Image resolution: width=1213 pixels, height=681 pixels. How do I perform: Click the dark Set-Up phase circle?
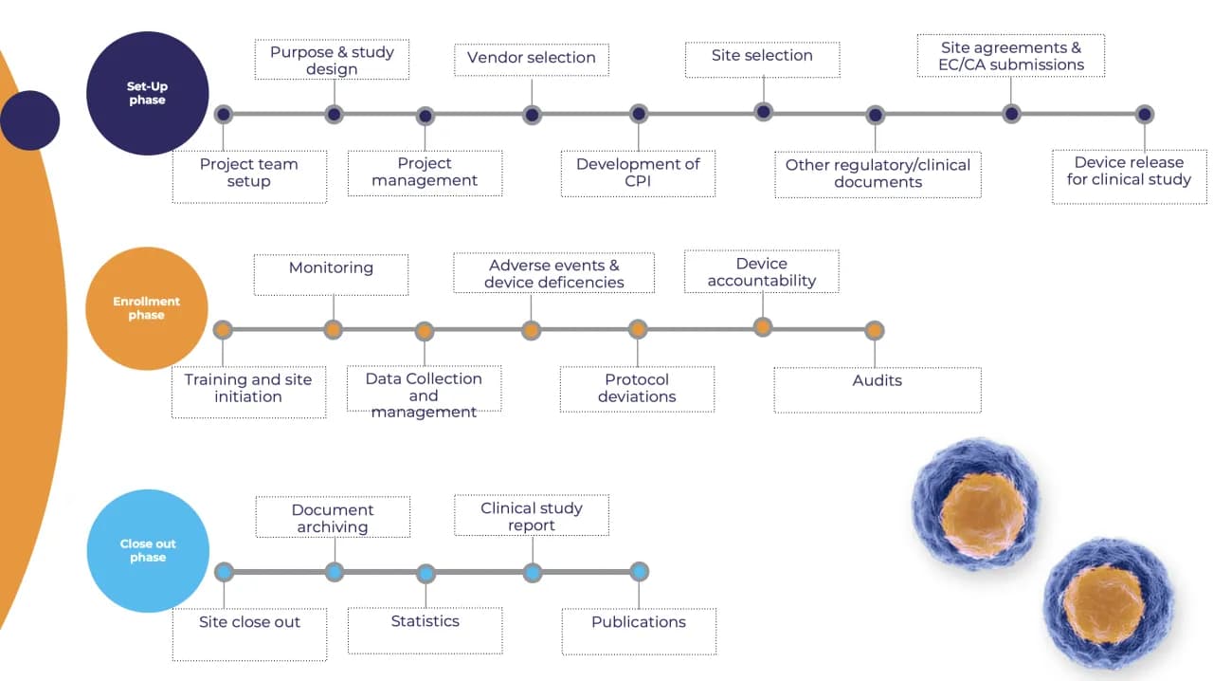[147, 93]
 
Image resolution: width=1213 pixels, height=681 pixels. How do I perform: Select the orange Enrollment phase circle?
[147, 308]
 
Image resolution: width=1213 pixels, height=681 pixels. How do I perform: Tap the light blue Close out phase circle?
[148, 551]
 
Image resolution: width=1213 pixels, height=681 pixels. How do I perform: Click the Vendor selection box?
[532, 58]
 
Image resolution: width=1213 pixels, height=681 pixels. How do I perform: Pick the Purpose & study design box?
[332, 60]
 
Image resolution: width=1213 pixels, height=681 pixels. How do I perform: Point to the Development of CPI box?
[638, 174]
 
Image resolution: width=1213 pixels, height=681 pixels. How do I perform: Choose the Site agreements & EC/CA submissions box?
[1011, 56]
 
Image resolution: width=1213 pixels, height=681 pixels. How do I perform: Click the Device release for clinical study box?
[1129, 175]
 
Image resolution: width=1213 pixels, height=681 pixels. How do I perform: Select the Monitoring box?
[331, 273]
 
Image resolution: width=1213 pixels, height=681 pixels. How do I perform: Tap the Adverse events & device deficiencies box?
[553, 273]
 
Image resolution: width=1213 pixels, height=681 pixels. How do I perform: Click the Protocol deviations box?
[637, 389]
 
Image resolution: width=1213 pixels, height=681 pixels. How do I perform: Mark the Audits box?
[877, 389]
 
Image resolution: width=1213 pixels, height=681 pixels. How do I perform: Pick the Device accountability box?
[761, 272]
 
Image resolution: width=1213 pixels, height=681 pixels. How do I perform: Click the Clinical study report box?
[532, 516]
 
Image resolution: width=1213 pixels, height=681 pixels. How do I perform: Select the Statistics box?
[425, 630]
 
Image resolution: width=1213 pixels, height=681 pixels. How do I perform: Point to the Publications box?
[639, 631]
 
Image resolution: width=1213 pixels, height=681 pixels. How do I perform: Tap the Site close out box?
[249, 632]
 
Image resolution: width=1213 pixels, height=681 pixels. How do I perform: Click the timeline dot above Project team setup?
[223, 114]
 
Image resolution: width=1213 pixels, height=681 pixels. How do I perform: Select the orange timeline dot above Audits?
[875, 330]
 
